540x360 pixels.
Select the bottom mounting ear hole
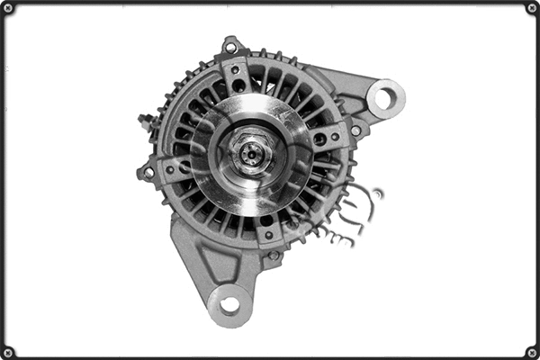tap(229, 304)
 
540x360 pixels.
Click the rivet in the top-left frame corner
tap(8, 8)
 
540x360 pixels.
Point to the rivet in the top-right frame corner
tap(531, 8)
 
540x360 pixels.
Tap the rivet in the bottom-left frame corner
tap(8, 351)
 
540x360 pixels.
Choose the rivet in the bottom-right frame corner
tap(531, 351)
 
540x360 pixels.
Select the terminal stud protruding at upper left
tap(144, 120)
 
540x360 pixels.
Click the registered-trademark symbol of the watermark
tap(378, 193)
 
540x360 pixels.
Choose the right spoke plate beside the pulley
tap(326, 138)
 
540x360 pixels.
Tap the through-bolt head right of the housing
tap(355, 130)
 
